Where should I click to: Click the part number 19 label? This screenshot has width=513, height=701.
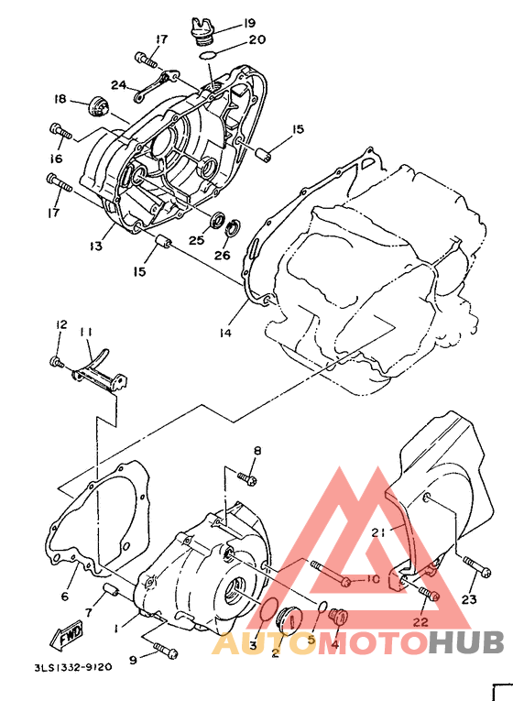pyautogui.click(x=249, y=23)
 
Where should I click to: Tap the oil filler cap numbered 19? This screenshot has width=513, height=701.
pyautogui.click(x=202, y=32)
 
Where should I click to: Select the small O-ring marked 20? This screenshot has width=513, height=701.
pyautogui.click(x=208, y=56)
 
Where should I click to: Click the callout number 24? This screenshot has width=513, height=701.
pyautogui.click(x=119, y=84)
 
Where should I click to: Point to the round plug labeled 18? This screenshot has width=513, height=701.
pyautogui.click(x=97, y=106)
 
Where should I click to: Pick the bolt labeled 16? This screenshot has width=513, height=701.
pyautogui.click(x=60, y=132)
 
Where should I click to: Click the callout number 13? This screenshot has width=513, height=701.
pyautogui.click(x=95, y=246)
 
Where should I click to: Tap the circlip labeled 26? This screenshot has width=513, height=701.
pyautogui.click(x=235, y=228)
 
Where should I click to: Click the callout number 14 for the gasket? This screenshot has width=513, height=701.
pyautogui.click(x=225, y=333)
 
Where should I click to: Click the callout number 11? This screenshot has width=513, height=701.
pyautogui.click(x=86, y=333)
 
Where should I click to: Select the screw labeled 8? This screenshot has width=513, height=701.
pyautogui.click(x=247, y=478)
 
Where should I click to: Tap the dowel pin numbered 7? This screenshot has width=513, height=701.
pyautogui.click(x=110, y=590)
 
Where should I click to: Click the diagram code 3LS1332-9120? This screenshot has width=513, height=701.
pyautogui.click(x=73, y=667)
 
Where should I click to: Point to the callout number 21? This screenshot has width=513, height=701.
pyautogui.click(x=378, y=532)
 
